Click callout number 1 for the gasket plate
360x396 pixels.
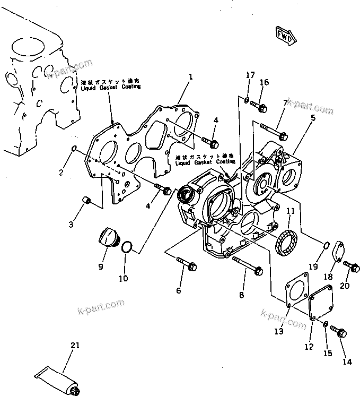(190, 78)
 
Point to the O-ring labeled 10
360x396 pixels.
(127, 247)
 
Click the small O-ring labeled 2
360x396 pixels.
(75, 150)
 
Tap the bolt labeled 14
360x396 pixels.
(338, 332)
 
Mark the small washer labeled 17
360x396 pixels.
(248, 100)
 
